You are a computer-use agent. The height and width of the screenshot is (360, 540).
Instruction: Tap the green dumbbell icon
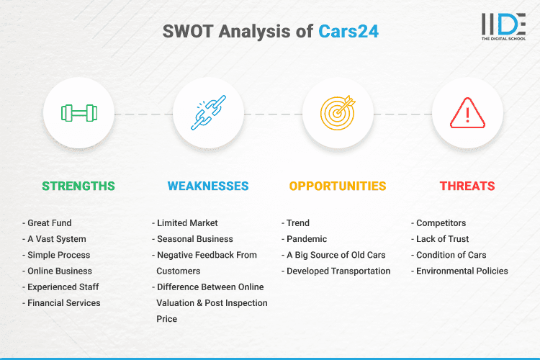78,113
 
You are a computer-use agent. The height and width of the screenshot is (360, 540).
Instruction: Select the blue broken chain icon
208,113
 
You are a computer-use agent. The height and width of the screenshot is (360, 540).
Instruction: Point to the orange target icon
338,113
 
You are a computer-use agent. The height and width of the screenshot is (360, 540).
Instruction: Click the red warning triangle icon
467,113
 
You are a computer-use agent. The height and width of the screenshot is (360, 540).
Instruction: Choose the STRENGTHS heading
78,186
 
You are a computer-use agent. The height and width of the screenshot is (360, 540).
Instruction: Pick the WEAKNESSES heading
208,186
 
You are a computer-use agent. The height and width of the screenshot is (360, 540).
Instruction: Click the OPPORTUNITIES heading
338,186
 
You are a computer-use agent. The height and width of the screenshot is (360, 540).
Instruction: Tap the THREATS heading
467,186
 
